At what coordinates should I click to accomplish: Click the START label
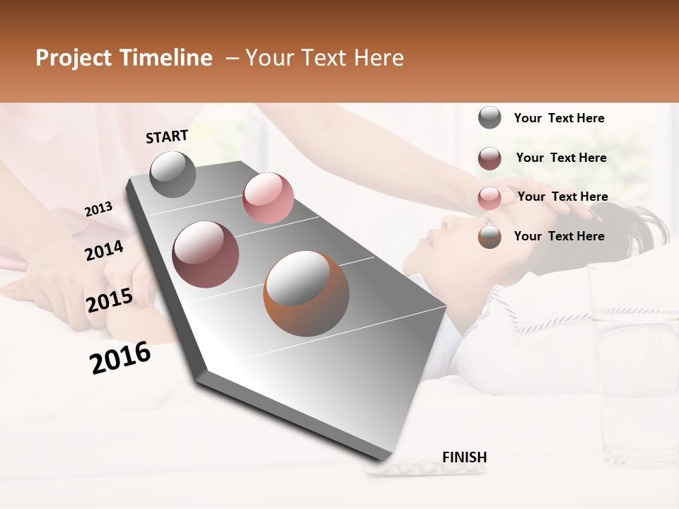pos(167,136)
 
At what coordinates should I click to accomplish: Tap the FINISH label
pos(464,457)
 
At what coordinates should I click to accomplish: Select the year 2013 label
pos(98,209)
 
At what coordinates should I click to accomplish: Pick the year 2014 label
pos(104,250)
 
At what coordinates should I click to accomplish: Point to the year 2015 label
pos(110,300)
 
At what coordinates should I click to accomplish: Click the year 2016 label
pos(120,357)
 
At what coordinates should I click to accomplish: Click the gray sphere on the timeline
pos(173,174)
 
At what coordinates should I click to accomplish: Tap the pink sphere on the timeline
pos(268,198)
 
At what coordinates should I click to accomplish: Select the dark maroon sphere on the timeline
pos(205,255)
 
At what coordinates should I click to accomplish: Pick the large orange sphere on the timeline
pos(306,293)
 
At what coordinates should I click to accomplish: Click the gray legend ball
pos(489,117)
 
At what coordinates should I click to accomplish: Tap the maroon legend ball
pos(489,158)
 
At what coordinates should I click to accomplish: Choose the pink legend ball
pos(489,198)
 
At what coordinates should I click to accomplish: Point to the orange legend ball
pos(489,237)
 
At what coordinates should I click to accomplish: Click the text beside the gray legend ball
pos(559,118)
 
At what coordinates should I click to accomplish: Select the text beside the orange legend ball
pos(559,236)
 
